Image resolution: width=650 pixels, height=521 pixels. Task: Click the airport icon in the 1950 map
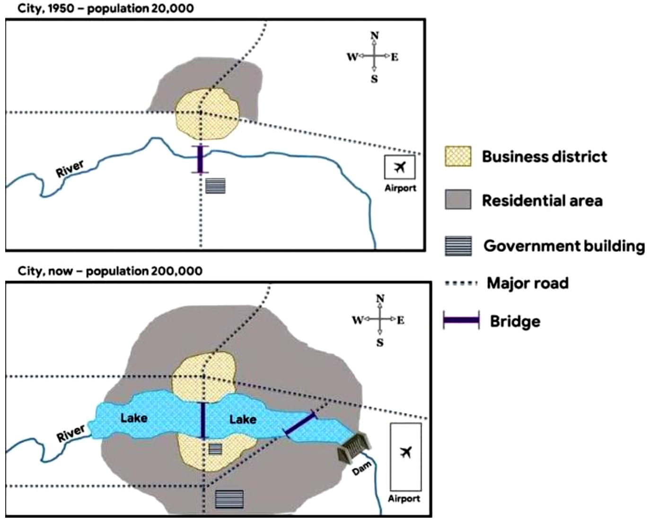[x=400, y=167]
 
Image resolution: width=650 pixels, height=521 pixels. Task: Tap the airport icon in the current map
[x=405, y=452]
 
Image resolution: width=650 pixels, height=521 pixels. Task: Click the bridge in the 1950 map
[x=200, y=159]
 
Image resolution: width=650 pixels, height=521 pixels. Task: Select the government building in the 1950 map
[x=215, y=185]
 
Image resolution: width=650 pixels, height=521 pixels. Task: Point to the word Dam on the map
[x=362, y=469]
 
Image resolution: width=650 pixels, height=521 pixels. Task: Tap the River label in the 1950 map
[x=70, y=168]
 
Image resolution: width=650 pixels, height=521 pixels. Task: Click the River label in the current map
[x=71, y=433]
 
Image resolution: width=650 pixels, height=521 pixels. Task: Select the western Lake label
[x=134, y=418]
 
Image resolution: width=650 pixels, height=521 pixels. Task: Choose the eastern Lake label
[x=243, y=419]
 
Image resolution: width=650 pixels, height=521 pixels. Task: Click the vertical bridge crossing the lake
[x=203, y=420]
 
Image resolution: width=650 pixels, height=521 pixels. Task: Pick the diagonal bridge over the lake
[x=300, y=424]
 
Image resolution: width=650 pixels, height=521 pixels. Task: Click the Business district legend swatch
[x=458, y=157]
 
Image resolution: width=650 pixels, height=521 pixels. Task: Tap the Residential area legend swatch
[x=458, y=200]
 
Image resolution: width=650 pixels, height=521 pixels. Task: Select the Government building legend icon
[x=458, y=246]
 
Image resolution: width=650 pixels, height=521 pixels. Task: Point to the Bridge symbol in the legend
[x=461, y=320]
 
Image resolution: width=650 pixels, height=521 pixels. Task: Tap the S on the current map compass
[x=380, y=343]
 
